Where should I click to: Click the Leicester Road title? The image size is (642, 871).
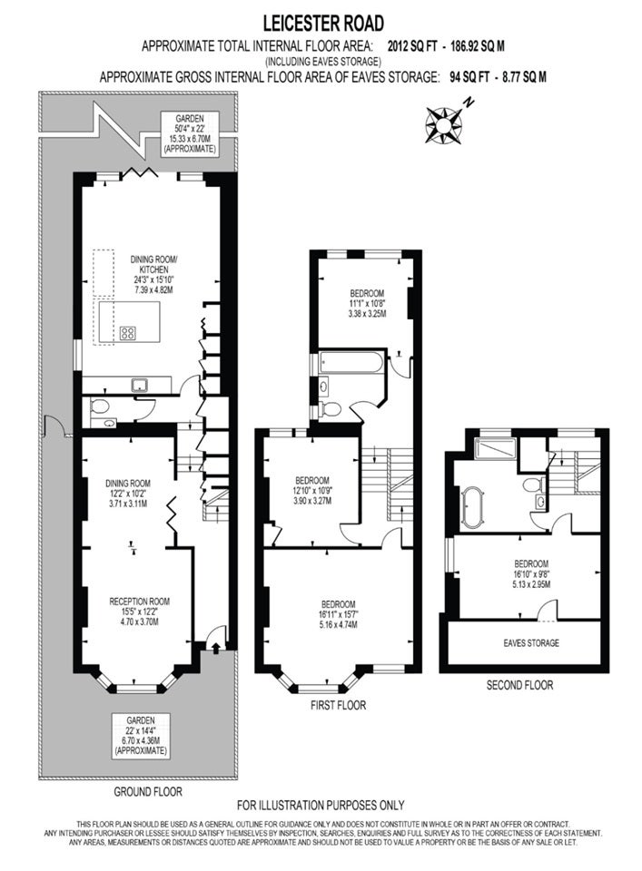point(323,24)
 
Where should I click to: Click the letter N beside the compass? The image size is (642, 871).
point(469,103)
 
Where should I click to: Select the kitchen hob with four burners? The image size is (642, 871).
point(128,333)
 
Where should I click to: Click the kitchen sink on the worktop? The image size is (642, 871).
point(139,385)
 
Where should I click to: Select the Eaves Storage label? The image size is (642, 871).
point(531,642)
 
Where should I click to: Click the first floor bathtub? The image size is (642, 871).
point(351,363)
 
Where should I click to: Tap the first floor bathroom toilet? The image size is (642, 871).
point(331,409)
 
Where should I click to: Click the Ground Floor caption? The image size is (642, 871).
point(148,791)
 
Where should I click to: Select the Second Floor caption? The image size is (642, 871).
point(519,685)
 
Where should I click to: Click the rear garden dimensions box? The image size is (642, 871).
point(189,134)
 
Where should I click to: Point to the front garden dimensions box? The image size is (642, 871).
point(140,735)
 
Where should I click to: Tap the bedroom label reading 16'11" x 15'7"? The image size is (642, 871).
point(339,614)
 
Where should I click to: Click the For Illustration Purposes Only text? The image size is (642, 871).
point(321,805)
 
